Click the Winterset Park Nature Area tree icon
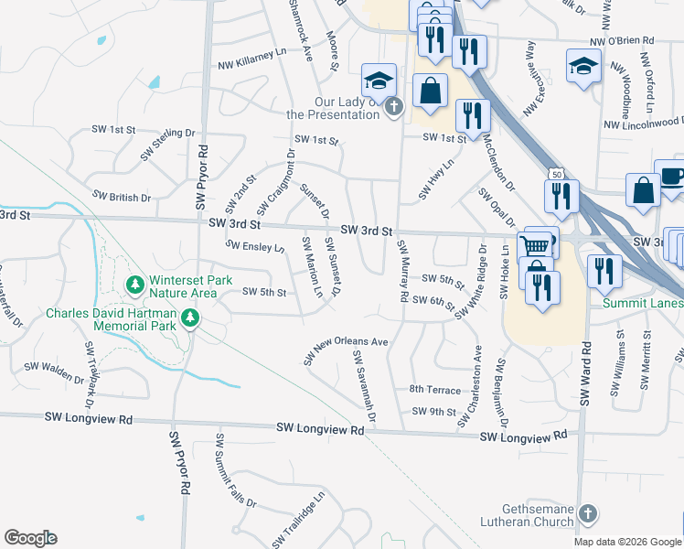[x=135, y=285]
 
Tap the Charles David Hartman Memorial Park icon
[x=190, y=318]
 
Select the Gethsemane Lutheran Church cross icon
[x=589, y=513]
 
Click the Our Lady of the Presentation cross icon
[x=393, y=107]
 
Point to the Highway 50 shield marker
[x=555, y=174]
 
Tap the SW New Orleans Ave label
[x=347, y=350]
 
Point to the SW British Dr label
[x=122, y=197]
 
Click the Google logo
[x=30, y=538]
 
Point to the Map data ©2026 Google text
[x=626, y=542]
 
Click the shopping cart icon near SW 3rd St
[x=536, y=244]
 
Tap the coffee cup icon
[x=671, y=176]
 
